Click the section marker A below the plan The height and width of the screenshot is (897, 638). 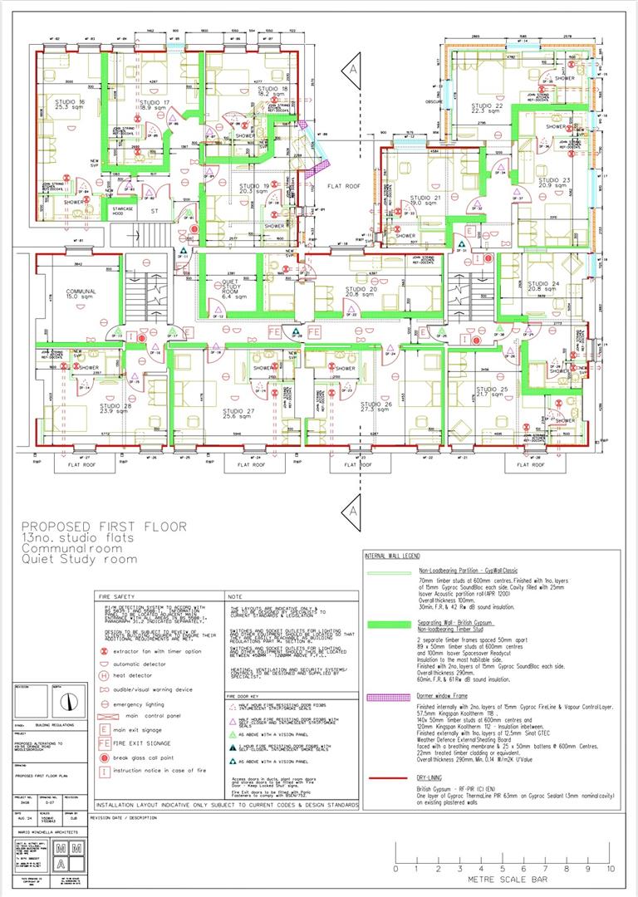[354, 504]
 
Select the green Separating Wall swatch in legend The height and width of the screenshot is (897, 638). [389, 623]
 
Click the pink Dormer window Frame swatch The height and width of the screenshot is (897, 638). [389, 682]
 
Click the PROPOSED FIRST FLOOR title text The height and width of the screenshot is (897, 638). [104, 526]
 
